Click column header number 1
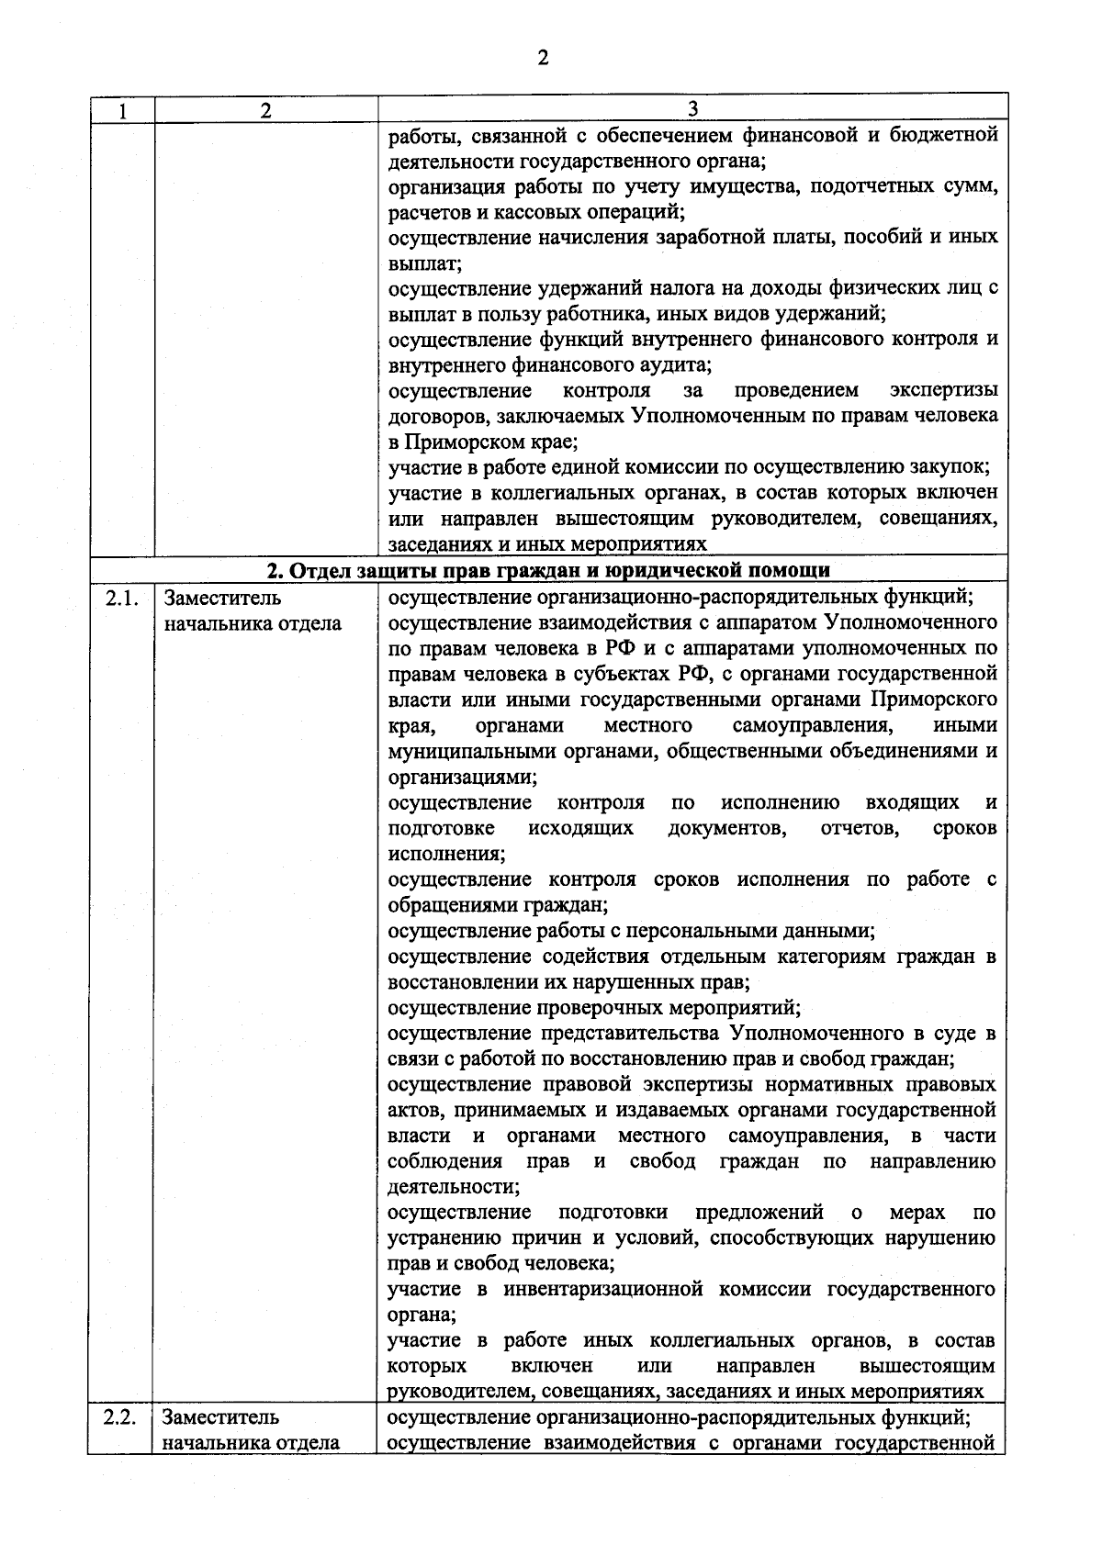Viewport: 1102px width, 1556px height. [121, 110]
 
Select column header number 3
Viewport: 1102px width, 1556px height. [692, 108]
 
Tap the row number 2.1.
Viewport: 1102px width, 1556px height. [121, 599]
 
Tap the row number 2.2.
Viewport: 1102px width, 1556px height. [121, 1417]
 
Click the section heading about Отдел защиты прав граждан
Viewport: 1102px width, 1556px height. [548, 571]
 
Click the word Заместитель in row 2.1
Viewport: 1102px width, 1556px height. [222, 599]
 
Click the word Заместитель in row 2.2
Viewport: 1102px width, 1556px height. [222, 1417]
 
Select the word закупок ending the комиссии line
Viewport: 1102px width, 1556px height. [954, 468]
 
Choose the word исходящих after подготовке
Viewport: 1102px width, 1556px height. [580, 829]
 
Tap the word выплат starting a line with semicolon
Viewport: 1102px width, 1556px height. [422, 263]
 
